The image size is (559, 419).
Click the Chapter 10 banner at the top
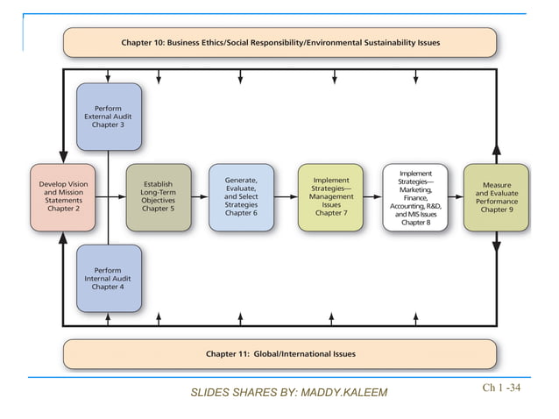point(279,42)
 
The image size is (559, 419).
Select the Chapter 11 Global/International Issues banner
point(279,354)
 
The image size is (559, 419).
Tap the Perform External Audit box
point(109,116)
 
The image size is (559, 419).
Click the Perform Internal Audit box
point(109,279)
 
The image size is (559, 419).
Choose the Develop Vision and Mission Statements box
point(62,196)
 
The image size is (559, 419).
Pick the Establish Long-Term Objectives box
point(158,196)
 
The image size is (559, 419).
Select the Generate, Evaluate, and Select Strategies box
point(241,196)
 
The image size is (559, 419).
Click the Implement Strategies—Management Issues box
point(329,196)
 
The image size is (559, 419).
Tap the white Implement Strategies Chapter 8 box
point(414,198)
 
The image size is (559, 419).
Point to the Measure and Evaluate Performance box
point(496,197)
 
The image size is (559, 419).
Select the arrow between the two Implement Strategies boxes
point(372,197)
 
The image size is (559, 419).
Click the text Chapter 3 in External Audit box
point(109,125)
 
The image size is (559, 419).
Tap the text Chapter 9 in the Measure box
point(496,211)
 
